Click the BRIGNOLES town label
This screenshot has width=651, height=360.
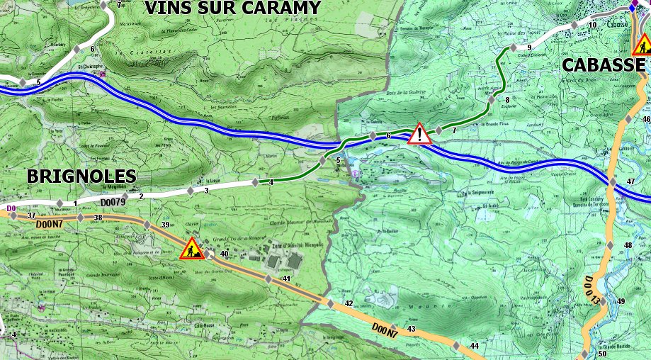pyautogui.click(x=81, y=176)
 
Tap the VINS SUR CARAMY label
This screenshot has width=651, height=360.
pyautogui.click(x=232, y=9)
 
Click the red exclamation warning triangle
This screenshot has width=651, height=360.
pyautogui.click(x=419, y=133)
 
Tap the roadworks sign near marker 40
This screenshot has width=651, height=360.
pyautogui.click(x=191, y=249)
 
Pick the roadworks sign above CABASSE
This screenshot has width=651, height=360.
pyautogui.click(x=642, y=45)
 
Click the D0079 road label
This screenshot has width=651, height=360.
pyautogui.click(x=113, y=203)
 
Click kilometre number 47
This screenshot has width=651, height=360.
pyautogui.click(x=631, y=182)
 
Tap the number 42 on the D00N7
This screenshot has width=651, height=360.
pyautogui.click(x=348, y=303)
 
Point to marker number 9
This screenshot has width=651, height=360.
pyautogui.click(x=529, y=47)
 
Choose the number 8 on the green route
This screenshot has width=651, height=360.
pyautogui.click(x=507, y=100)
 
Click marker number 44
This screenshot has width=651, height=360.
pyautogui.click(x=474, y=346)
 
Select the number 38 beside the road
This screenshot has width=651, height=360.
pyautogui.click(x=98, y=218)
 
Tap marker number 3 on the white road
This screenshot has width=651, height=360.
pyautogui.click(x=206, y=191)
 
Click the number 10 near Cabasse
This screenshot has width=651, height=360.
pyautogui.click(x=592, y=26)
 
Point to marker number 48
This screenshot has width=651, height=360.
pyautogui.click(x=627, y=246)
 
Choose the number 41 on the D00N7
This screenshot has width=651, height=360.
pyautogui.click(x=287, y=279)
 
